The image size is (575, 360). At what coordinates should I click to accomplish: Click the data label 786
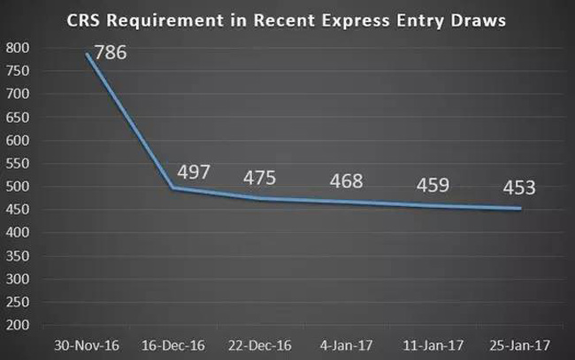click(x=111, y=52)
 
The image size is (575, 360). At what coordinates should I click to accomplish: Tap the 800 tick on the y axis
click(x=16, y=47)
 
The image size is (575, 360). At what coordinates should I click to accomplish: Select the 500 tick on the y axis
click(x=16, y=187)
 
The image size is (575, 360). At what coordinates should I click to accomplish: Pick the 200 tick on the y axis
click(x=16, y=326)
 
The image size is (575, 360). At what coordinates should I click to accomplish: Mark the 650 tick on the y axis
click(x=16, y=117)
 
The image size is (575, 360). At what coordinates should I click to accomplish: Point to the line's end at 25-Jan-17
click(x=520, y=209)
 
